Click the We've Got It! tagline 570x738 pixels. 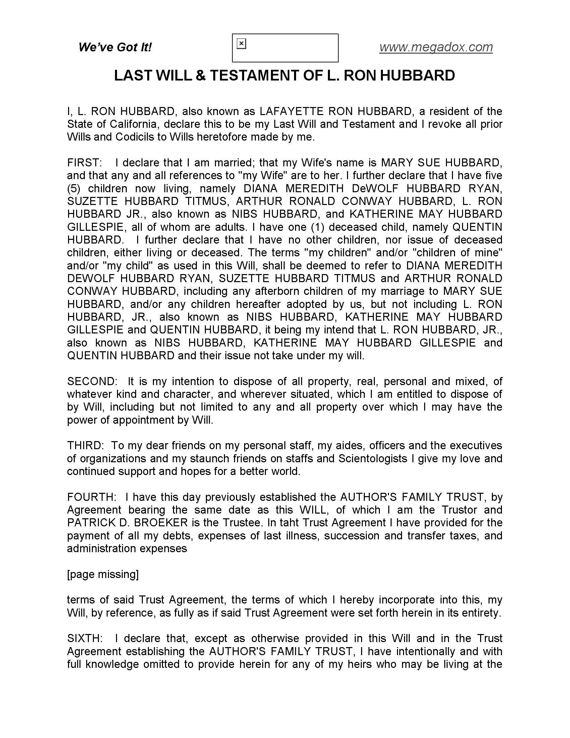(115, 47)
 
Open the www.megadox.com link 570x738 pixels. (436, 47)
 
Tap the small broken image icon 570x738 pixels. (241, 44)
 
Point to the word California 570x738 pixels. (134, 124)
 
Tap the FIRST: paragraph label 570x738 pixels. (84, 163)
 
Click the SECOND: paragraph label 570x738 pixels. (92, 381)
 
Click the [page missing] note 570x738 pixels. (103, 574)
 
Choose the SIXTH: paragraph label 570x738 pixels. (85, 638)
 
